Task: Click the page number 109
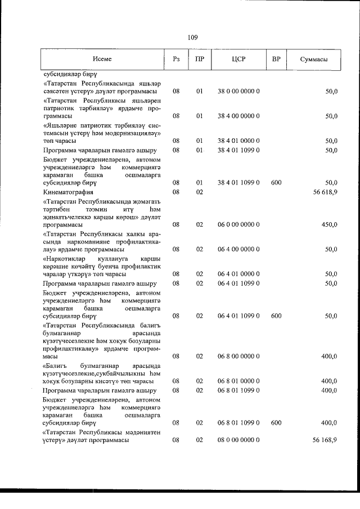click(x=192, y=38)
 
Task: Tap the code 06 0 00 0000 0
click(x=238, y=224)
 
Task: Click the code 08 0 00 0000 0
click(x=238, y=440)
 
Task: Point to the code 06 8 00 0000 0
click(x=238, y=356)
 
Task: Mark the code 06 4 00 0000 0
click(x=238, y=249)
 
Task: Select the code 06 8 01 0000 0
click(x=238, y=381)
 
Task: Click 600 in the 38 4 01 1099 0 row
click(x=276, y=183)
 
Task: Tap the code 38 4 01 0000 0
click(x=238, y=141)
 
